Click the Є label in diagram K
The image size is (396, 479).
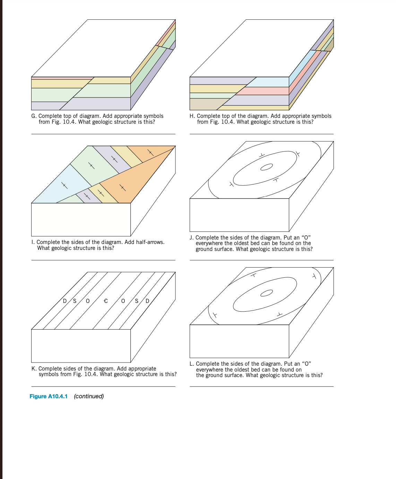point(106,301)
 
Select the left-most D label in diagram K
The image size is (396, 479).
point(64,301)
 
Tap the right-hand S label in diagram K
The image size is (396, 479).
point(137,301)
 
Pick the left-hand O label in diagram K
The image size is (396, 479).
point(88,301)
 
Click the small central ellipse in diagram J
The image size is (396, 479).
point(266,167)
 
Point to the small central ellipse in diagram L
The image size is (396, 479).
point(266,293)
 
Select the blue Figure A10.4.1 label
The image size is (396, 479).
point(49,396)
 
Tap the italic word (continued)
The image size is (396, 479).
point(89,396)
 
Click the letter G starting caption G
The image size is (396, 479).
point(33,116)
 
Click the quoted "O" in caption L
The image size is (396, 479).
point(307,364)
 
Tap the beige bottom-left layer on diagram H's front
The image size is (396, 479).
point(205,104)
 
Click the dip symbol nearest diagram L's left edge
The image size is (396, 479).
point(215,315)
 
